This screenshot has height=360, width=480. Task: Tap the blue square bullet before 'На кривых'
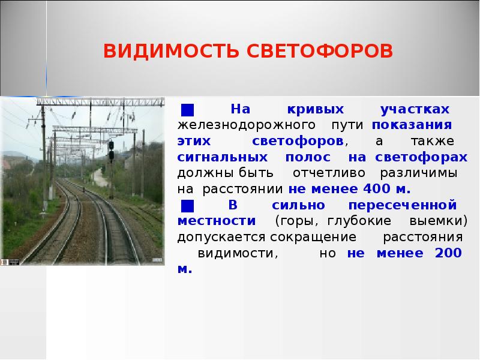pos(187,110)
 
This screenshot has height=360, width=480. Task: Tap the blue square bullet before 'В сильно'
pos(187,205)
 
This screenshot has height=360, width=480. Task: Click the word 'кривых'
pos(306,110)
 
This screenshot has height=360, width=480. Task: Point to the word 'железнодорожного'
pos(247,126)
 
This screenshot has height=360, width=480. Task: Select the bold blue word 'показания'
pos(411,126)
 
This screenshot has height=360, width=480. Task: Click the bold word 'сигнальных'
pos(221,157)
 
